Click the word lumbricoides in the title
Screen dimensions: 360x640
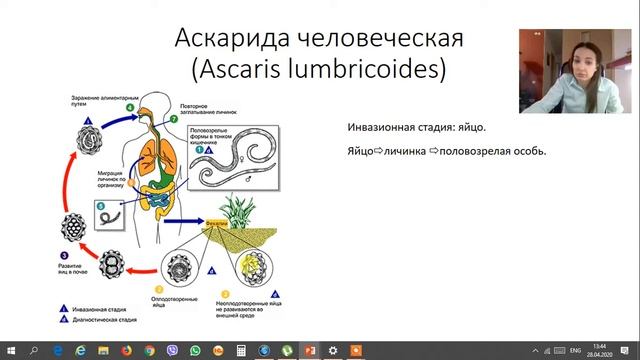[x=369, y=70]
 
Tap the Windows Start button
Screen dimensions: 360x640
[x=9, y=351]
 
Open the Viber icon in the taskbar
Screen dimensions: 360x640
[x=172, y=351]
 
